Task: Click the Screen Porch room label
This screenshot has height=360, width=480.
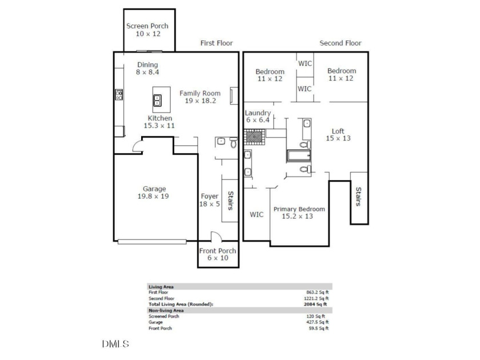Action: pyautogui.click(x=147, y=26)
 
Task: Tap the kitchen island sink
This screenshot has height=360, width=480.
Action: pyautogui.click(x=157, y=101)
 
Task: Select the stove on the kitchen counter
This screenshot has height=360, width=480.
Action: pyautogui.click(x=119, y=95)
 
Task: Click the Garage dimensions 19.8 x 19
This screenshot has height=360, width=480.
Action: pyautogui.click(x=153, y=196)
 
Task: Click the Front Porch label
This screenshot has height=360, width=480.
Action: pyautogui.click(x=218, y=251)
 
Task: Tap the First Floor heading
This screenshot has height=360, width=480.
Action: pyautogui.click(x=217, y=43)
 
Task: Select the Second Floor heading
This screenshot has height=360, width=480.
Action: pyautogui.click(x=341, y=43)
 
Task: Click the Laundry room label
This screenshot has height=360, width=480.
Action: pyautogui.click(x=258, y=113)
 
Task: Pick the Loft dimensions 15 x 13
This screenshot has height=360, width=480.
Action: pyautogui.click(x=338, y=138)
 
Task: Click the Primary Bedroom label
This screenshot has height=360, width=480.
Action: pyautogui.click(x=299, y=209)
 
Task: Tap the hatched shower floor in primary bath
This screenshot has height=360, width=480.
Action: pyautogui.click(x=254, y=137)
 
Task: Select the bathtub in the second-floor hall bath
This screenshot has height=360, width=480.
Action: pyautogui.click(x=299, y=155)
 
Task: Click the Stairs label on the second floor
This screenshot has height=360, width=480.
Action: pyautogui.click(x=358, y=197)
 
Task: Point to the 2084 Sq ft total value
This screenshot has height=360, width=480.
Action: pyautogui.click(x=315, y=304)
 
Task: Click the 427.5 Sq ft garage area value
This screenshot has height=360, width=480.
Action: pyautogui.click(x=318, y=322)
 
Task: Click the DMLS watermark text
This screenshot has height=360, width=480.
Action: pyautogui.click(x=115, y=344)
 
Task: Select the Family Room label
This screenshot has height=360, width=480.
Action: pyautogui.click(x=200, y=93)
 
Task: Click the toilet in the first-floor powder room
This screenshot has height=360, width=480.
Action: pyautogui.click(x=234, y=142)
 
